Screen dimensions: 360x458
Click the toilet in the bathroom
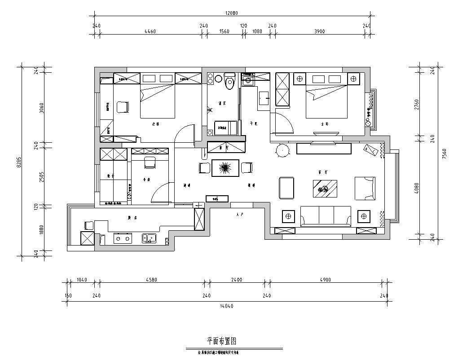230,81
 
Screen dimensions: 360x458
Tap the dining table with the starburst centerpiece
225,167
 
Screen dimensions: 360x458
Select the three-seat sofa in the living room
326,216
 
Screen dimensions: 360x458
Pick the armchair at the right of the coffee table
364,188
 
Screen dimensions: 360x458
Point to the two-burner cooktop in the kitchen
122,238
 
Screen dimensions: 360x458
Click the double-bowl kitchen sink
149,238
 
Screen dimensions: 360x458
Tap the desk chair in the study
149,162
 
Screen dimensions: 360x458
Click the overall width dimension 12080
232,13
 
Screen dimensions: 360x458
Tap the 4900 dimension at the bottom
326,280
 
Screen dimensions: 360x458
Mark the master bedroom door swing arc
285,121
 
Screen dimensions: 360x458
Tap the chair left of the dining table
204,167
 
